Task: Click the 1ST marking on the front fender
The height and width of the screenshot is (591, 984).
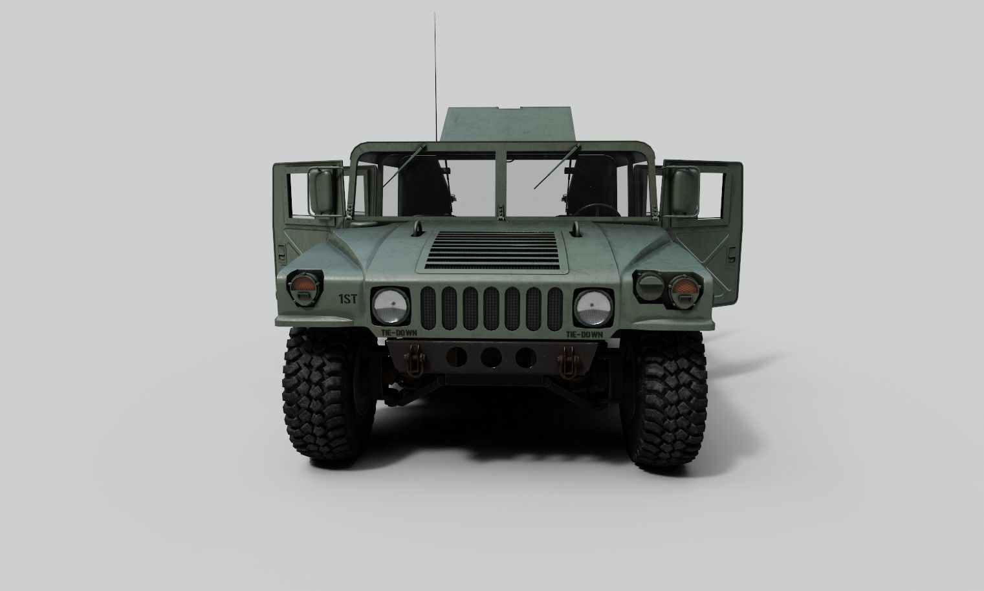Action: (348, 299)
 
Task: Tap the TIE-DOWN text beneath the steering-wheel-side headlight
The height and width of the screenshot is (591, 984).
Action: (584, 334)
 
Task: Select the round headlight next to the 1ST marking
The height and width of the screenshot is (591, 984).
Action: (390, 306)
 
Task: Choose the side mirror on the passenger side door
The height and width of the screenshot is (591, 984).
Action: (322, 191)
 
